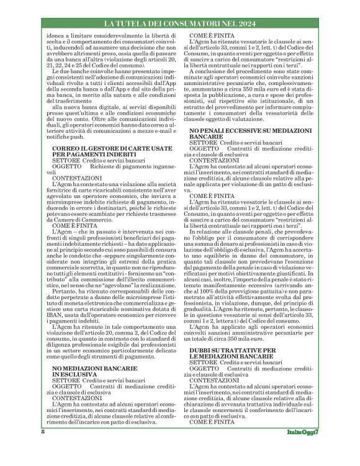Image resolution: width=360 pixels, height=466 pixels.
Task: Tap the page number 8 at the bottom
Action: (43, 448)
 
